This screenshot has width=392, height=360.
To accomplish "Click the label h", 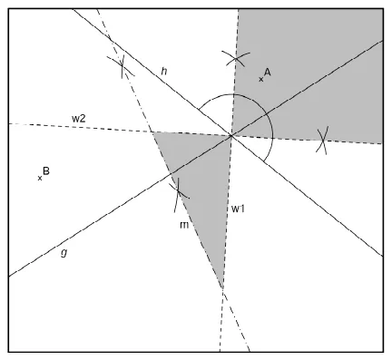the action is pos(164,72).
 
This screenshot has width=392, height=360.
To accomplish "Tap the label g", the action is pos(64,252).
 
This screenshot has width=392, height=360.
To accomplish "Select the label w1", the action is pos(238,209).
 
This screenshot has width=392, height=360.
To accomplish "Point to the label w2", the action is pos(79,119).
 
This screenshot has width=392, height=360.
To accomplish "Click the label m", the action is pos(184,225).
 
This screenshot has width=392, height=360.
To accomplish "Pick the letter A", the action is pos(267,72).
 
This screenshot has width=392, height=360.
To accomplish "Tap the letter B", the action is pos(46,170).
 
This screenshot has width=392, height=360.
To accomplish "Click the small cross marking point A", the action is pos(261,80).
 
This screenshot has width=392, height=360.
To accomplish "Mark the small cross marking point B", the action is pos(40,179).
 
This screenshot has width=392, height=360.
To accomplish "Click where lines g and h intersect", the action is pos(231,136).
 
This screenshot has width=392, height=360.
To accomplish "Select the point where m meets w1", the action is pos(222,288).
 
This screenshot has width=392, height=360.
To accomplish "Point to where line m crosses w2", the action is pos(152,131).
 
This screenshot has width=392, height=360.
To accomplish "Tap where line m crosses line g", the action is pos(171,173).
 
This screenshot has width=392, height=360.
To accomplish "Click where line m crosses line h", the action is pos(111,40).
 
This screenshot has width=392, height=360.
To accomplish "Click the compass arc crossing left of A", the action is pos(236,58).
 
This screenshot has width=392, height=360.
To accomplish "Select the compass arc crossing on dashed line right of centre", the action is pos(323,141).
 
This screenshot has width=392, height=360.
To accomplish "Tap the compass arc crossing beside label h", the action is pos(122,64).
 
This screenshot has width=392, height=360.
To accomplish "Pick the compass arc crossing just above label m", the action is pos(178,191).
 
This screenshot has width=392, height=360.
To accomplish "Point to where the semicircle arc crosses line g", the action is pos(266,114).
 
